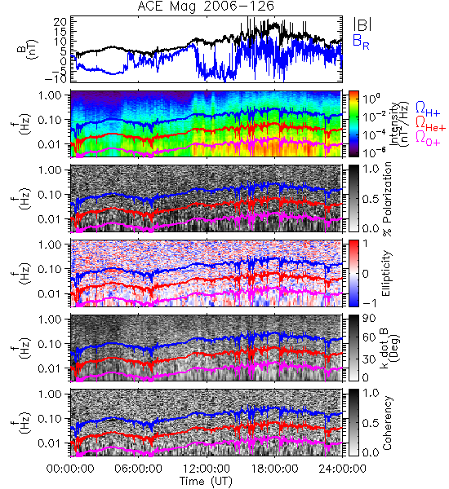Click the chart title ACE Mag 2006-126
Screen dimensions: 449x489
click(x=206, y=6)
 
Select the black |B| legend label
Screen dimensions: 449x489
click(x=362, y=24)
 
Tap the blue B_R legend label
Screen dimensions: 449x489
click(x=361, y=42)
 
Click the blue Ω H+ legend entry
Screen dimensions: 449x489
click(x=428, y=109)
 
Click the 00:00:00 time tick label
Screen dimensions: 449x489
click(x=70, y=469)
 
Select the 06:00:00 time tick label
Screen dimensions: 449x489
click(x=139, y=469)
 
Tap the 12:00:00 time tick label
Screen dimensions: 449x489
click(x=207, y=469)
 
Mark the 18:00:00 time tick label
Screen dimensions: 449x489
click(x=274, y=469)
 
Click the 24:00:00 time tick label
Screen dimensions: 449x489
click(x=342, y=469)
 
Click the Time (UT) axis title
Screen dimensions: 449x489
click(x=206, y=481)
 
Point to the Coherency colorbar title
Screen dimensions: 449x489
click(x=387, y=423)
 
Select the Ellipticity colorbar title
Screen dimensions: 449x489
click(x=387, y=274)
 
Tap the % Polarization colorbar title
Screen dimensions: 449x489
click(x=387, y=199)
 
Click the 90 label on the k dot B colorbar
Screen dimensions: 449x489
click(x=369, y=319)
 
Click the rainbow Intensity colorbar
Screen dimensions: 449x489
click(x=353, y=124)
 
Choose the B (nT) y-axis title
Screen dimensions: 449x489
click(x=27, y=49)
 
